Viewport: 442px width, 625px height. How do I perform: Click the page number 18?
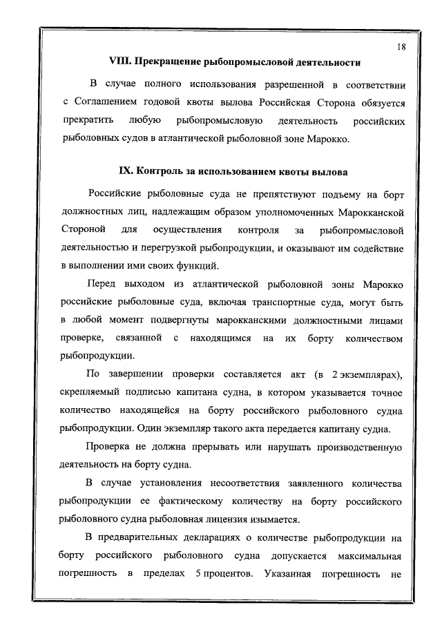click(x=401, y=46)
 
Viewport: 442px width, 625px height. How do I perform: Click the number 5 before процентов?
click(x=197, y=574)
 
